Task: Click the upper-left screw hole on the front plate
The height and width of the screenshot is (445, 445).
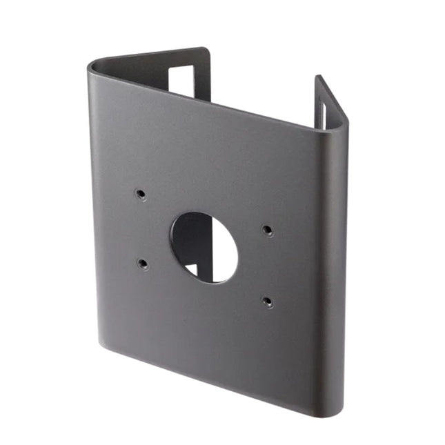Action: [x=141, y=195]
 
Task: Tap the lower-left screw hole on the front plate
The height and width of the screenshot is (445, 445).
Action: [x=142, y=263]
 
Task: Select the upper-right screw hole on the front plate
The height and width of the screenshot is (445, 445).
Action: [x=267, y=230]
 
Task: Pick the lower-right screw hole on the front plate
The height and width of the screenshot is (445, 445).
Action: [x=268, y=301]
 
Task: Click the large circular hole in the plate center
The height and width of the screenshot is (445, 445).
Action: [x=204, y=247]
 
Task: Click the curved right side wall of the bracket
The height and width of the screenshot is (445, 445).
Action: [x=334, y=276]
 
